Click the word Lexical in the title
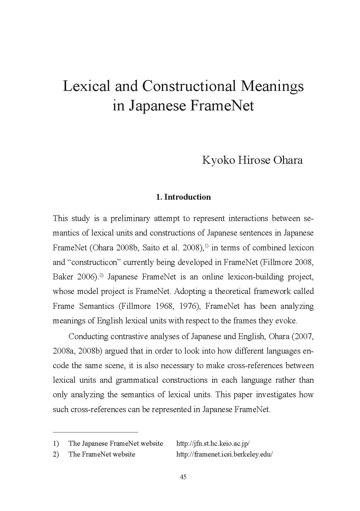(86, 86)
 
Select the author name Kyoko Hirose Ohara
(252, 160)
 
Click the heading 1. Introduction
(184, 197)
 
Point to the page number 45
(183, 477)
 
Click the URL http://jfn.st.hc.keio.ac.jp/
(213, 443)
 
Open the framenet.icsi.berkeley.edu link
(224, 454)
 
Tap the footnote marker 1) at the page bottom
(56, 443)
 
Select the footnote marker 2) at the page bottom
(56, 454)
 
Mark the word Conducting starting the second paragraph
(88, 336)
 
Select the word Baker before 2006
(63, 277)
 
